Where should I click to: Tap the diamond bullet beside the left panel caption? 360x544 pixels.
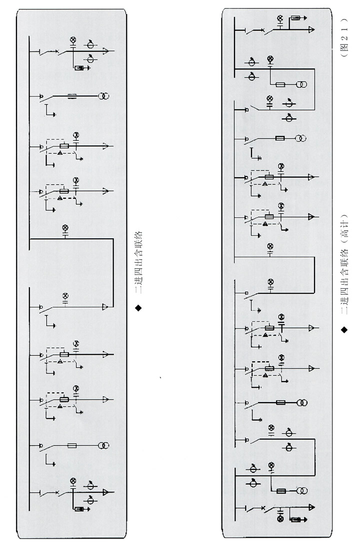pyautogui.click(x=138, y=308)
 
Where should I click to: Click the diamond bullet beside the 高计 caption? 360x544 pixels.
pyautogui.click(x=344, y=330)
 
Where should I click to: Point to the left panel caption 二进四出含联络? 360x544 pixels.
pyautogui.click(x=138, y=263)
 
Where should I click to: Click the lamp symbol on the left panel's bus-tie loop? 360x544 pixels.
pyautogui.click(x=65, y=228)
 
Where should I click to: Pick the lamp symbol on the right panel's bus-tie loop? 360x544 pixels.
pyautogui.click(x=270, y=246)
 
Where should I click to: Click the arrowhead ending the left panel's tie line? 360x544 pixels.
pyautogui.click(x=105, y=307)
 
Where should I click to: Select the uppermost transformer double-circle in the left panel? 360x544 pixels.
pyautogui.click(x=103, y=96)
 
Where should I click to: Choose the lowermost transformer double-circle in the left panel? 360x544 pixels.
pyautogui.click(x=103, y=446)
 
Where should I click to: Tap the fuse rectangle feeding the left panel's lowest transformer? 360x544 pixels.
pyautogui.click(x=72, y=446)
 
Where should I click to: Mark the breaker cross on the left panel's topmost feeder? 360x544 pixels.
pyautogui.click(x=57, y=52)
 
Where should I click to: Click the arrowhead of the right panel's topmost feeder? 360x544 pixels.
pyautogui.click(x=311, y=30)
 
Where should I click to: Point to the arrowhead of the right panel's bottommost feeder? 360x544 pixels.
pyautogui.click(x=311, y=508)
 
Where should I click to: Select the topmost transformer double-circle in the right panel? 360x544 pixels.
pyautogui.click(x=301, y=84)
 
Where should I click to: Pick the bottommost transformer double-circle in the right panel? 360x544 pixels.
pyautogui.click(x=302, y=491)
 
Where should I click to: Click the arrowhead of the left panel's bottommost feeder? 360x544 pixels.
pyautogui.click(x=107, y=493)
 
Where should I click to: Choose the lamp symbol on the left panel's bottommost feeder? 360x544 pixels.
pyautogui.click(x=73, y=481)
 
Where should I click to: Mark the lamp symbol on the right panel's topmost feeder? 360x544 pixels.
pyautogui.click(x=280, y=18)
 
